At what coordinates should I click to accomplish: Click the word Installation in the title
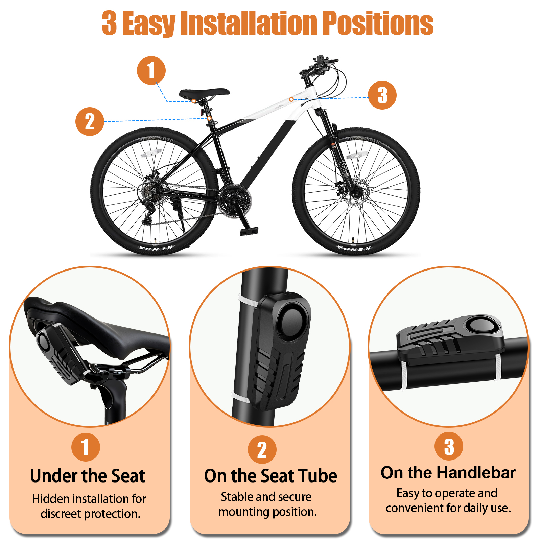coord(249,23)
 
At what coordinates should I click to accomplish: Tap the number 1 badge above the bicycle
coord(151,70)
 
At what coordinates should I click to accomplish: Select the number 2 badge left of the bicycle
coord(90,121)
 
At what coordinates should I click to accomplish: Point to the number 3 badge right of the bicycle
coord(382,95)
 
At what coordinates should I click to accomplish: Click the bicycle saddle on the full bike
coord(204,93)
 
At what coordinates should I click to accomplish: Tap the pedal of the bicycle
coord(249,231)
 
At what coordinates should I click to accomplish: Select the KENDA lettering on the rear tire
coord(156,249)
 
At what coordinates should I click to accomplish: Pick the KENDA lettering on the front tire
coord(354,249)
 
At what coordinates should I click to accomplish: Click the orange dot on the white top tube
coord(291,99)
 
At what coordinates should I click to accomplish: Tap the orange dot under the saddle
coord(194,101)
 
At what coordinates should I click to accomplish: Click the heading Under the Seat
coord(88,476)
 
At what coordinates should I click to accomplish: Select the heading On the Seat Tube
coord(270,476)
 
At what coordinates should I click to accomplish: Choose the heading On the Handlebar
coord(448,473)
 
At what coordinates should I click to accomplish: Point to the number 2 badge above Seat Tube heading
coord(262,450)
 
